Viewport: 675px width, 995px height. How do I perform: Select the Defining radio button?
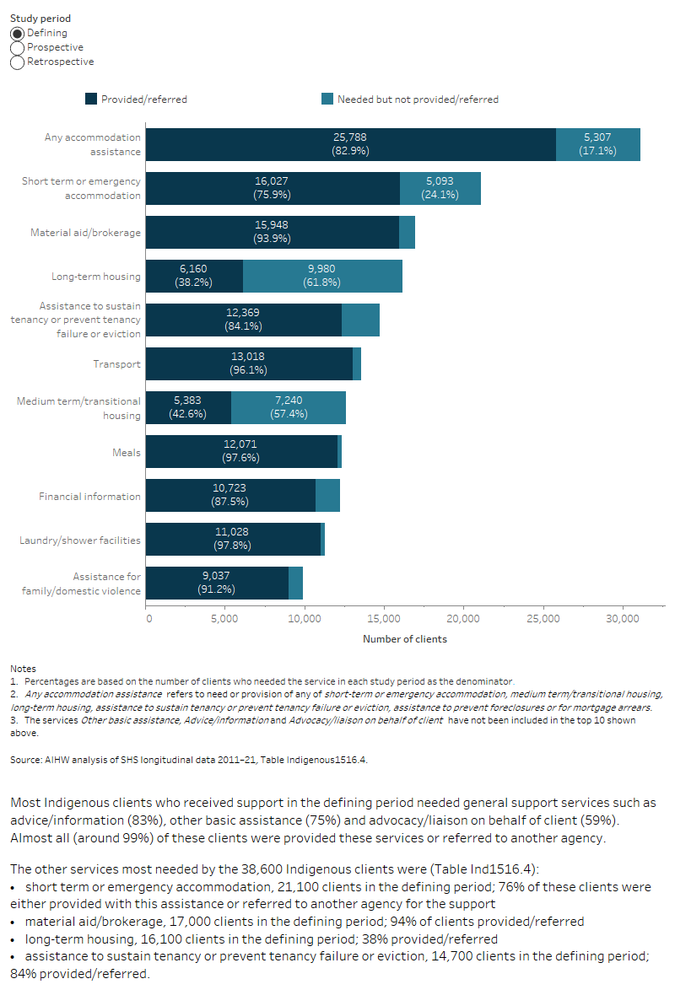(x=18, y=33)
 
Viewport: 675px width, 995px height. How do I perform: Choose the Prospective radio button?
(x=18, y=47)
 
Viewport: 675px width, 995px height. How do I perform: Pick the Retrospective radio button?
(x=18, y=62)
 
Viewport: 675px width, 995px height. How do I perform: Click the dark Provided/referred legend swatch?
(x=91, y=99)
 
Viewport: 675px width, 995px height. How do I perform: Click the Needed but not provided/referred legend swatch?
(x=327, y=99)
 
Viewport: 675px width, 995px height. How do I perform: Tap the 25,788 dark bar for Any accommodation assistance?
(x=350, y=144)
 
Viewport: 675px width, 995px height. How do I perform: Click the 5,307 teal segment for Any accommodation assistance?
(x=597, y=144)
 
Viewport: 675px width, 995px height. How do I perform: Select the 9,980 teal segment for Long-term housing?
(x=322, y=276)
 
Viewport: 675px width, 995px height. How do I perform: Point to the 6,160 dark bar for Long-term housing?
(x=194, y=276)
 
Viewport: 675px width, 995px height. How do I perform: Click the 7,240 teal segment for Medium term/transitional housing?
(x=289, y=407)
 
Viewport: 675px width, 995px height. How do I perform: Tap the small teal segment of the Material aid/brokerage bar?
(x=407, y=232)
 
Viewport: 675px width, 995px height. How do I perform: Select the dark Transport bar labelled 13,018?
(x=249, y=363)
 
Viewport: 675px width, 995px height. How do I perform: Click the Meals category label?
(x=127, y=452)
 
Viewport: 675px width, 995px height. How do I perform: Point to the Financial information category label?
(x=90, y=496)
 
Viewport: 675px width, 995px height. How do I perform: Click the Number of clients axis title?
(x=405, y=639)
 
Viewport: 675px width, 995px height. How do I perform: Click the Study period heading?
(x=40, y=18)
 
